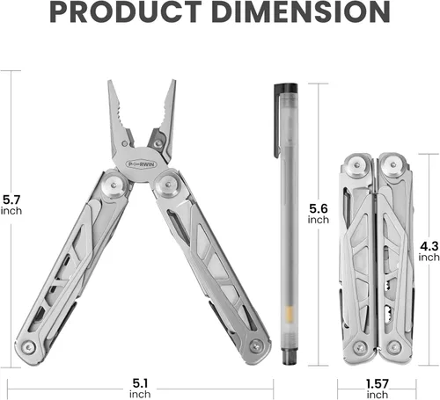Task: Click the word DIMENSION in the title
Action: click(298, 15)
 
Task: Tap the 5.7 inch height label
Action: click(12, 204)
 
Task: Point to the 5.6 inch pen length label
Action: click(319, 213)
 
